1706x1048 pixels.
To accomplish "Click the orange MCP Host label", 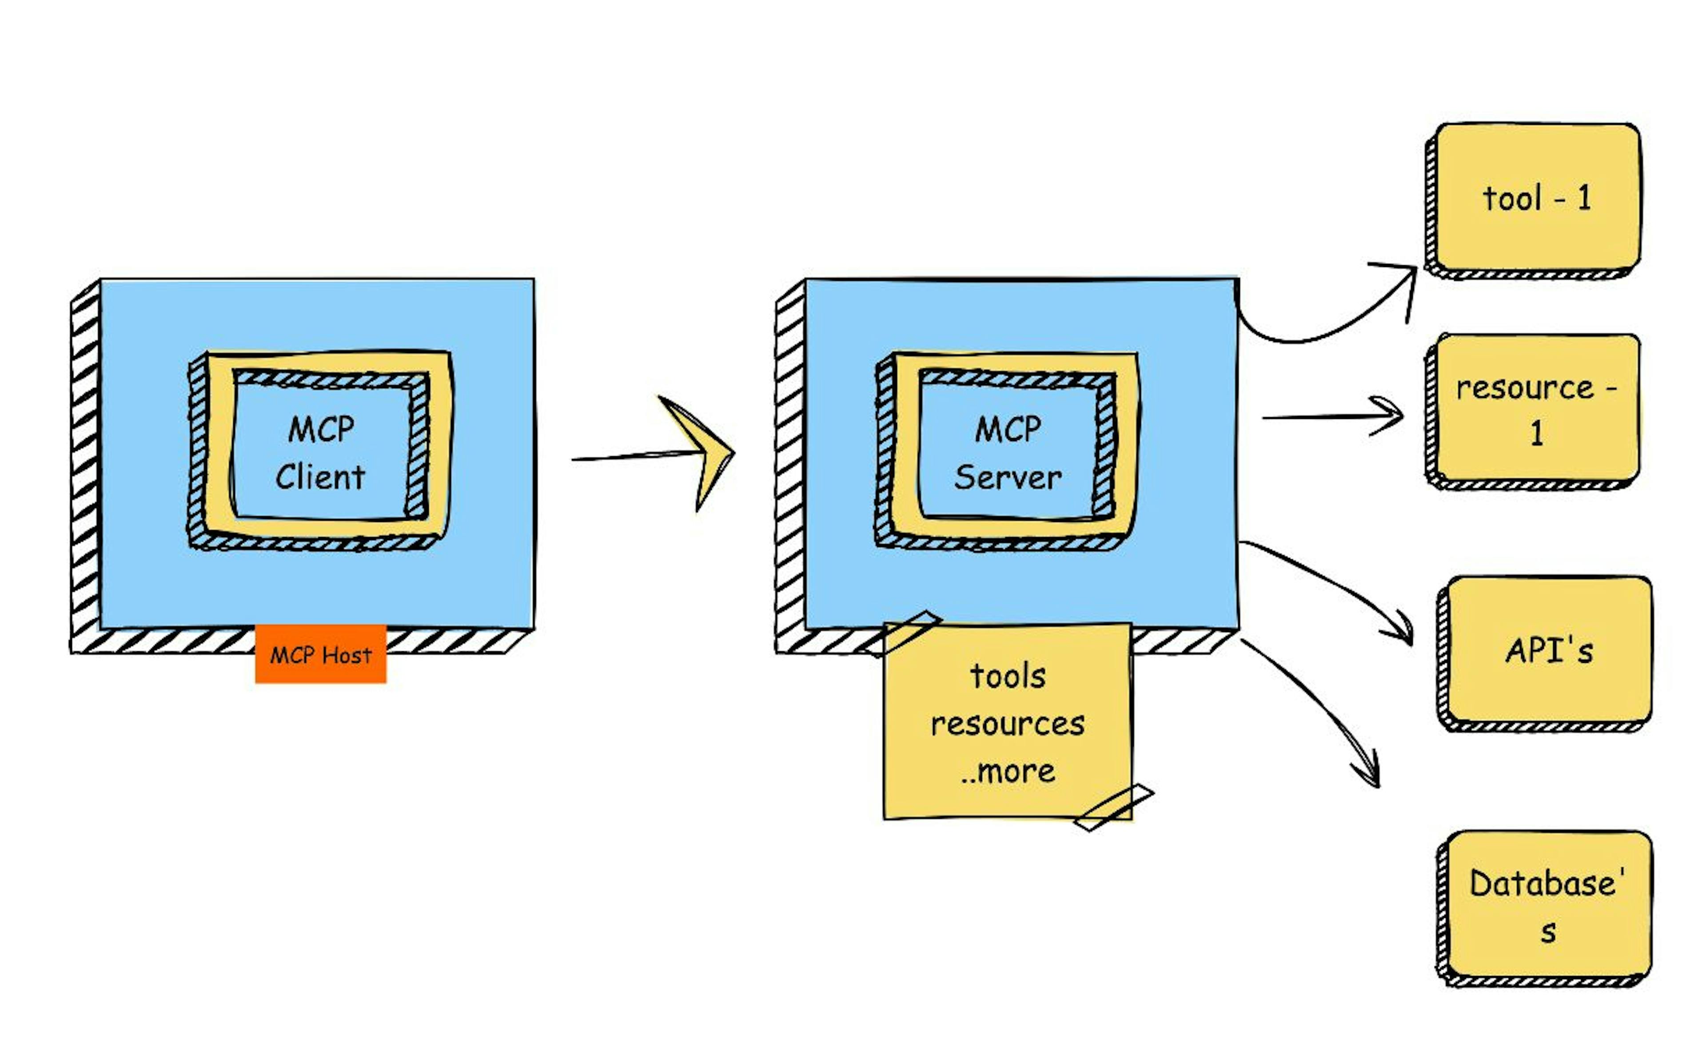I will pyautogui.click(x=320, y=654).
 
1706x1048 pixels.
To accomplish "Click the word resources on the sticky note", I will pyautogui.click(x=1008, y=724).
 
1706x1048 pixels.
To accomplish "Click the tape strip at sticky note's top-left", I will pyautogui.click(x=904, y=632).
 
